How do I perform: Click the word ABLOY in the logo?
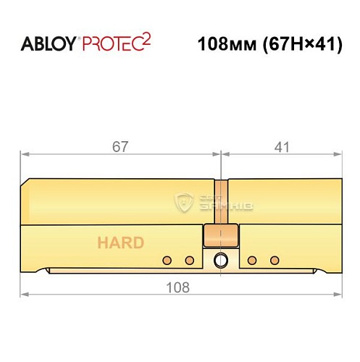point(49,44)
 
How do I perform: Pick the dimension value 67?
point(120,146)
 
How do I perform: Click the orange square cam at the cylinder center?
point(220,235)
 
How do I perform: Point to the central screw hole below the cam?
point(220,260)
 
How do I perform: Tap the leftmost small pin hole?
point(167,260)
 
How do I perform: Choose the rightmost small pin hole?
point(274,260)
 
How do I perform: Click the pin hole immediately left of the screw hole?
point(189,260)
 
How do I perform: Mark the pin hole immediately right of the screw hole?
point(252,260)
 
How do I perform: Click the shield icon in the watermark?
point(183,203)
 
